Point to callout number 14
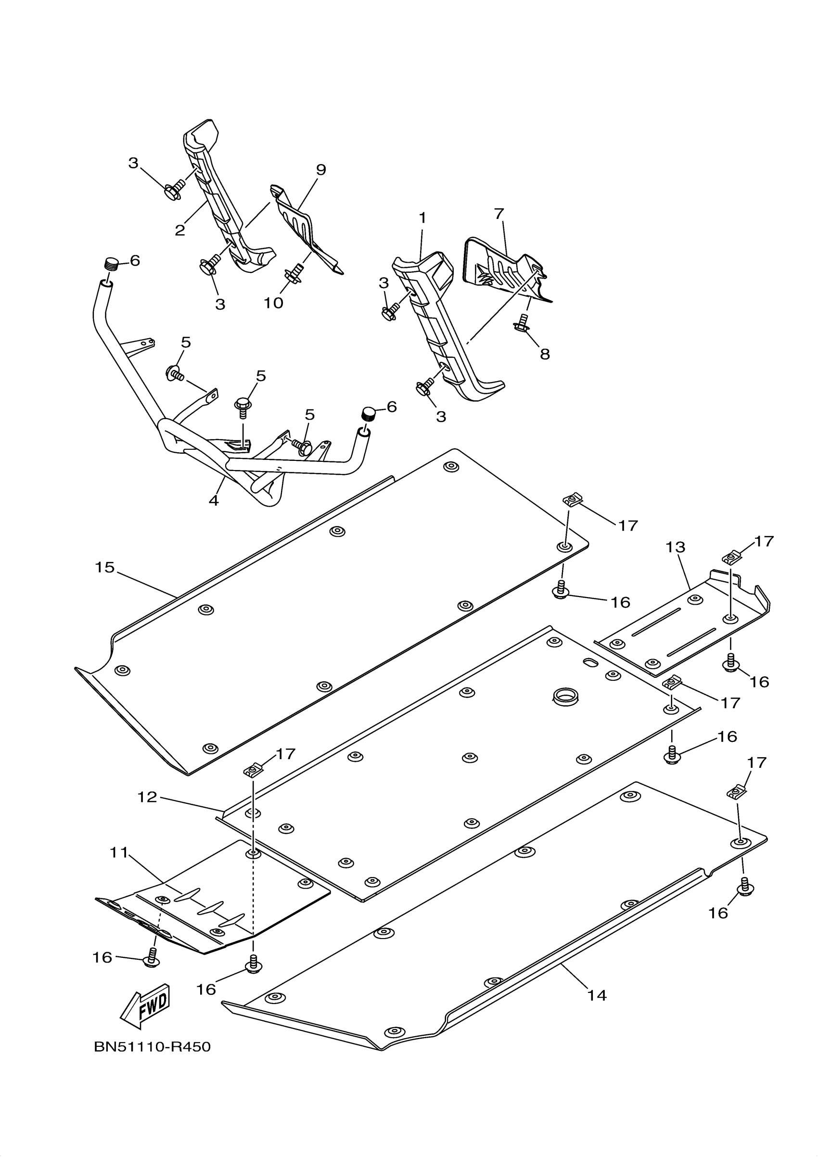click(x=597, y=995)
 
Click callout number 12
click(x=147, y=797)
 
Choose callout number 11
click(x=119, y=852)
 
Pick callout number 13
click(x=676, y=547)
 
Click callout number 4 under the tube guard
click(x=214, y=500)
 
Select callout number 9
click(x=321, y=170)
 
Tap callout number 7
click(x=499, y=214)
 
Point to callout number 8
click(x=545, y=354)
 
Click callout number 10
click(x=274, y=303)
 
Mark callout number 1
click(x=422, y=218)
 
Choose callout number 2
click(x=180, y=230)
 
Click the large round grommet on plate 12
click(x=565, y=698)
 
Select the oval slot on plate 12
click(x=590, y=662)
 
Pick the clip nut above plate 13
click(x=732, y=558)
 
